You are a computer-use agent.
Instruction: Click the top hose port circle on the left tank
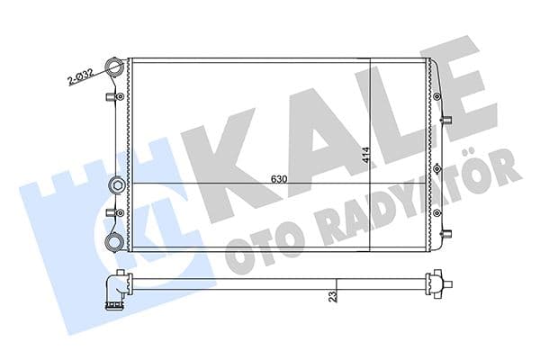[x=114, y=67]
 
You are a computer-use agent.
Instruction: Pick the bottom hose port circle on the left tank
[x=114, y=241]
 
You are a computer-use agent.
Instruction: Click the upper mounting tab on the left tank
[x=112, y=96]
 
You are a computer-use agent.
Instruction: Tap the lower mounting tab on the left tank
[x=112, y=211]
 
